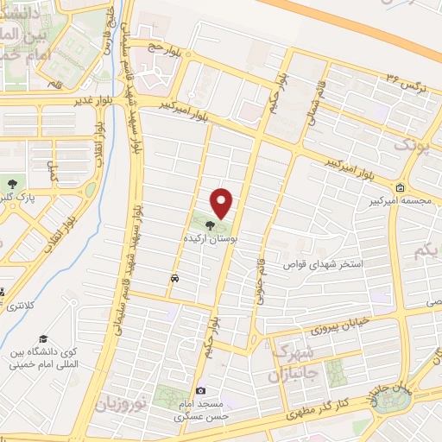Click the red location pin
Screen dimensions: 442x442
(x=222, y=203)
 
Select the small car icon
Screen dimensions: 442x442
(x=175, y=279)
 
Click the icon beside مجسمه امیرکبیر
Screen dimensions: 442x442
(x=400, y=187)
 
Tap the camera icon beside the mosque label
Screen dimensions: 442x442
(x=201, y=391)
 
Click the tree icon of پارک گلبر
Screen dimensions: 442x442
(x=12, y=183)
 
